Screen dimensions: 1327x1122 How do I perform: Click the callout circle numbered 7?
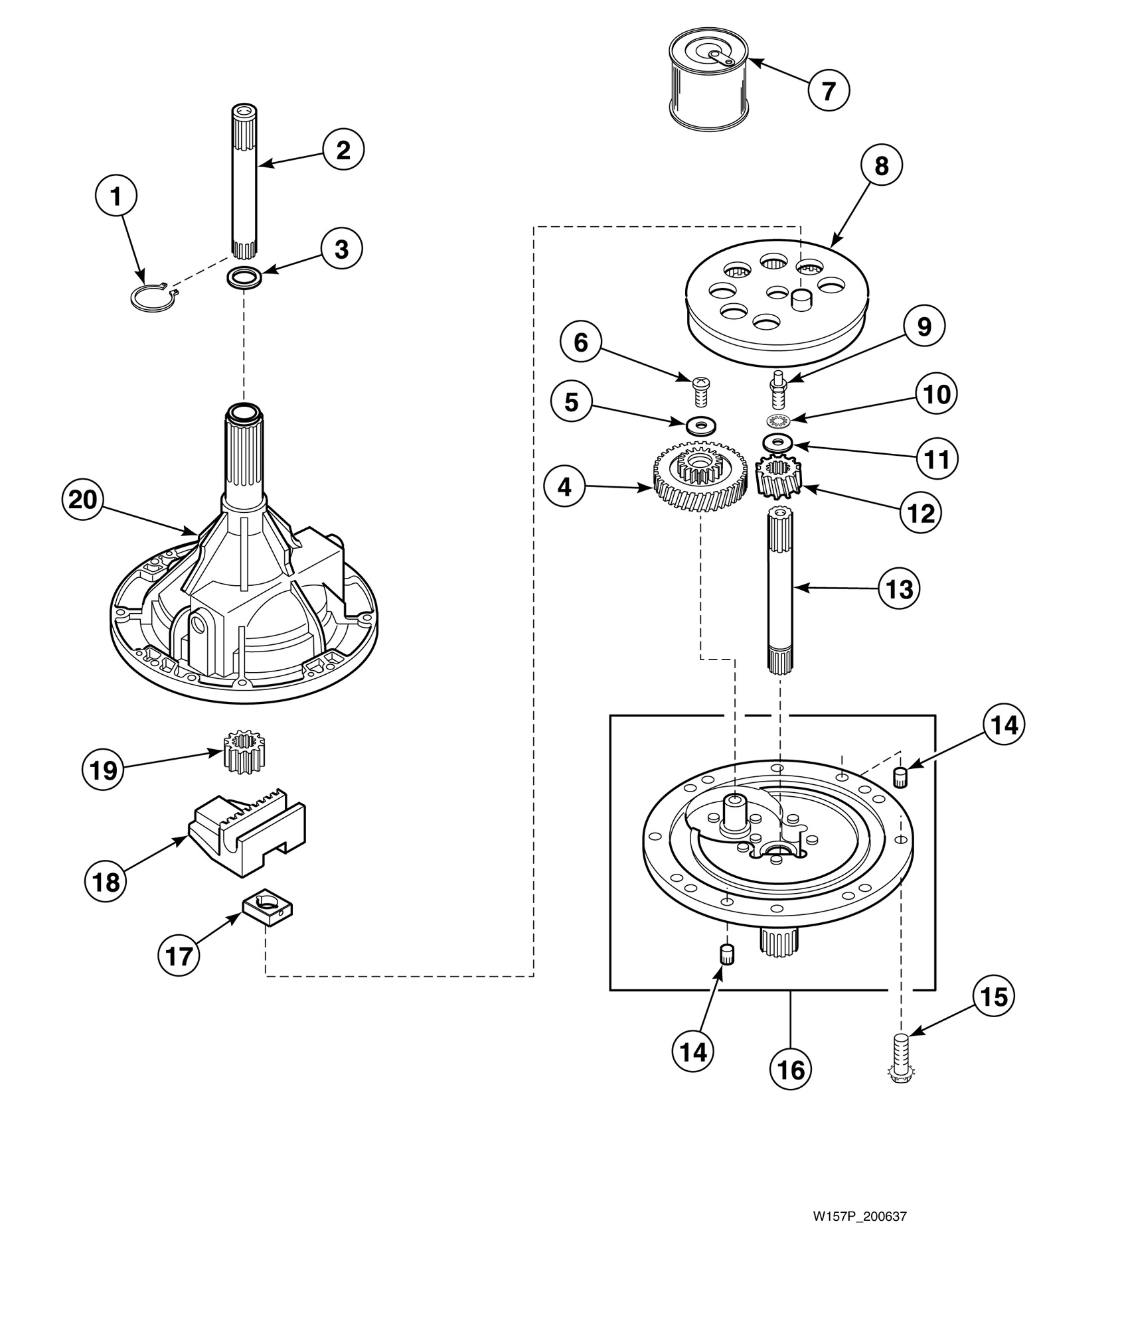point(829,90)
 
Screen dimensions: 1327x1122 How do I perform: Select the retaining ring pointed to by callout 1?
point(152,296)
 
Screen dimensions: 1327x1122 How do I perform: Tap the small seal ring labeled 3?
point(244,277)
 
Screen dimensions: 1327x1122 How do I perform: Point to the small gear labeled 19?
point(241,751)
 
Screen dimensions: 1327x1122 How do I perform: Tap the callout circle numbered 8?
point(881,167)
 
